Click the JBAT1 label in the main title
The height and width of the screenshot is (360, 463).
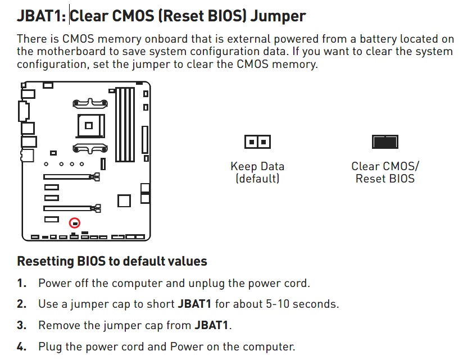(x=42, y=16)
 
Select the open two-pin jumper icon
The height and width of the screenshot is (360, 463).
(x=257, y=142)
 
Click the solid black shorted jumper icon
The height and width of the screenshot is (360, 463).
(x=385, y=142)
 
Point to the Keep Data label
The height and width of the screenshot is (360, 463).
(x=257, y=166)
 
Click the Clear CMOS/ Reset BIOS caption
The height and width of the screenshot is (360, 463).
(x=385, y=172)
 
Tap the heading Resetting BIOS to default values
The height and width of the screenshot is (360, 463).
(x=112, y=261)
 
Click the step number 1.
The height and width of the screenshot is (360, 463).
(x=21, y=283)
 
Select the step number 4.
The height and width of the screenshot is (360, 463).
(x=21, y=347)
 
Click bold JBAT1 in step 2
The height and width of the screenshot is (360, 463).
(x=194, y=304)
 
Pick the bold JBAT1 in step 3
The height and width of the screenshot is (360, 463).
(x=211, y=325)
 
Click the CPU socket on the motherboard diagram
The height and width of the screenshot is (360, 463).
(x=90, y=126)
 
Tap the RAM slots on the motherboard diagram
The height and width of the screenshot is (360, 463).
(x=125, y=124)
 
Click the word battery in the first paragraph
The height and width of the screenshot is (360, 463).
(x=378, y=39)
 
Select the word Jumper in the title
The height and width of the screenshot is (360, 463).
(x=278, y=16)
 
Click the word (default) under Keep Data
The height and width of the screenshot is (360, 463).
(x=257, y=179)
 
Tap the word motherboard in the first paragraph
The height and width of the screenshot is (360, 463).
(x=71, y=52)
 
